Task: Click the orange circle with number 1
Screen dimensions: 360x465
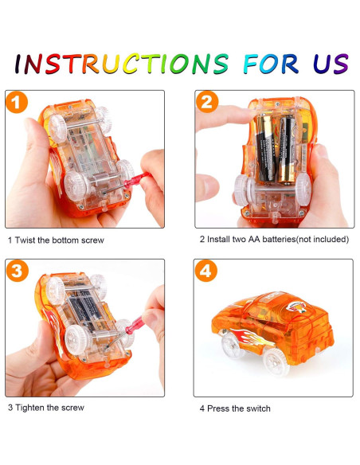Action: pyautogui.click(x=17, y=102)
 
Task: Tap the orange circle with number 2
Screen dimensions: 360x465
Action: pyautogui.click(x=207, y=102)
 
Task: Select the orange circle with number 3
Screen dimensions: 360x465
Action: pyautogui.click(x=18, y=271)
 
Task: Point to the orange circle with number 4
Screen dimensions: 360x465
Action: pyautogui.click(x=206, y=271)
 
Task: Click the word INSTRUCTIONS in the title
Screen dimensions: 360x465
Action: pyautogui.click(x=122, y=64)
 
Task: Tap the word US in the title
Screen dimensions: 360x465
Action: pyautogui.click(x=331, y=64)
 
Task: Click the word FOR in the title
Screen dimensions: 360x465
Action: pyautogui.click(x=271, y=64)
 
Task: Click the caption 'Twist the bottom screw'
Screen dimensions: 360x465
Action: pyautogui.click(x=60, y=240)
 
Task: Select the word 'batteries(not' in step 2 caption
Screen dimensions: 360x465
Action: pyautogui.click(x=287, y=240)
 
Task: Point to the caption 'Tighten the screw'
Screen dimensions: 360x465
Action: pyautogui.click(x=50, y=408)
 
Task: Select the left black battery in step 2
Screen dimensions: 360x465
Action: pyautogui.click(x=265, y=147)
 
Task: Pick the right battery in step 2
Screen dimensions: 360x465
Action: pyautogui.click(x=287, y=149)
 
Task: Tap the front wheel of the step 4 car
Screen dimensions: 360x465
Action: pyautogui.click(x=276, y=361)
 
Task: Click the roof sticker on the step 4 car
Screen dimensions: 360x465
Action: pyautogui.click(x=296, y=307)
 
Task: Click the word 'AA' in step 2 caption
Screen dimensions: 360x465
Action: pyautogui.click(x=254, y=240)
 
